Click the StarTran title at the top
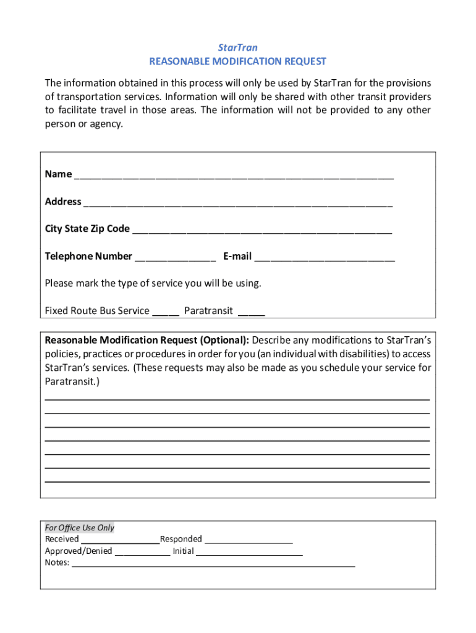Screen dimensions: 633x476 (238, 48)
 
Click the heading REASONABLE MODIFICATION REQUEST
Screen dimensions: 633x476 (238, 61)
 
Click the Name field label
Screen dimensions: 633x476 (58, 174)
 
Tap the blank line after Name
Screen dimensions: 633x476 (234, 175)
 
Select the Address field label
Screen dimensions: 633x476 (63, 202)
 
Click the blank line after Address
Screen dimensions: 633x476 (238, 202)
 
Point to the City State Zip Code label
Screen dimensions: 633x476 (87, 229)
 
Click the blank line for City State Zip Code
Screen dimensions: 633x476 (262, 229)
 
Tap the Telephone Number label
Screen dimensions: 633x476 (88, 256)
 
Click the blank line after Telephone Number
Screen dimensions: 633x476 (175, 257)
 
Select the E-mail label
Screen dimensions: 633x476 (237, 256)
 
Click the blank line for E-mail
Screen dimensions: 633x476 (325, 257)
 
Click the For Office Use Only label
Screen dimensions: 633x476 (80, 528)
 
